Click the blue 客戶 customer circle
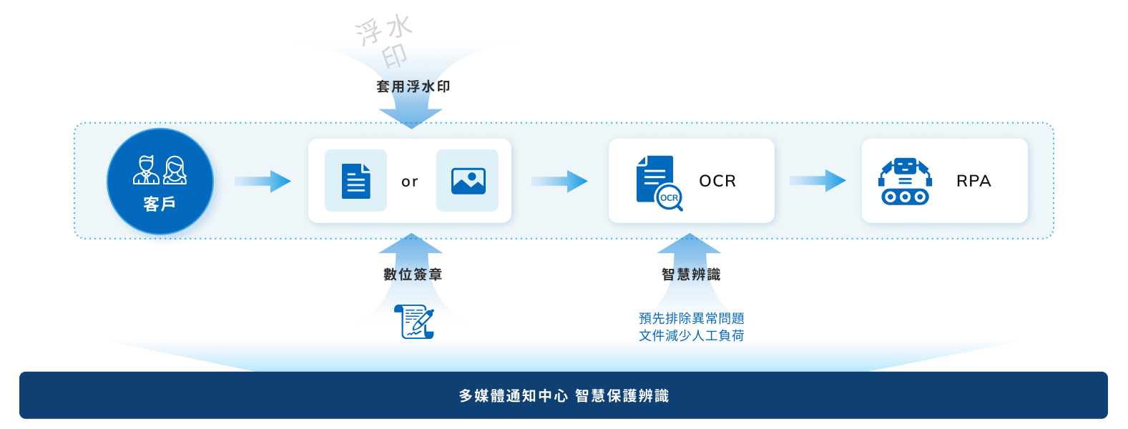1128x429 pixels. [x=160, y=182]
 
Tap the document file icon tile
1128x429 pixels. [x=355, y=181]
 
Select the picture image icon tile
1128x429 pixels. [x=468, y=181]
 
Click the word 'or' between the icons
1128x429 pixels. [x=410, y=182]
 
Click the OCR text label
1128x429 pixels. [x=717, y=181]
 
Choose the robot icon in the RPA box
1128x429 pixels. [x=905, y=182]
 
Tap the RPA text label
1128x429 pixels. [x=973, y=181]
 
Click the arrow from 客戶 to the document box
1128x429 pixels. [x=263, y=181]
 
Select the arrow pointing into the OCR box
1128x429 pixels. [x=559, y=181]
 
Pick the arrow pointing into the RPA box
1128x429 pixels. [x=818, y=181]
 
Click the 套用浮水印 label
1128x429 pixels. [x=413, y=87]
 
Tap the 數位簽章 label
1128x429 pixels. [x=413, y=275]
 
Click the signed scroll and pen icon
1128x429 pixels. [x=414, y=322]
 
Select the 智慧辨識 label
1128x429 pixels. [x=691, y=275]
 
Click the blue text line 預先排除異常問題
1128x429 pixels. [x=692, y=318]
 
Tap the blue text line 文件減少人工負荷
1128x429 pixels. [x=692, y=335]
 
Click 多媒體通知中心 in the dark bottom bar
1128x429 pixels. [x=513, y=396]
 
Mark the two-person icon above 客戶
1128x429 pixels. [x=160, y=170]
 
